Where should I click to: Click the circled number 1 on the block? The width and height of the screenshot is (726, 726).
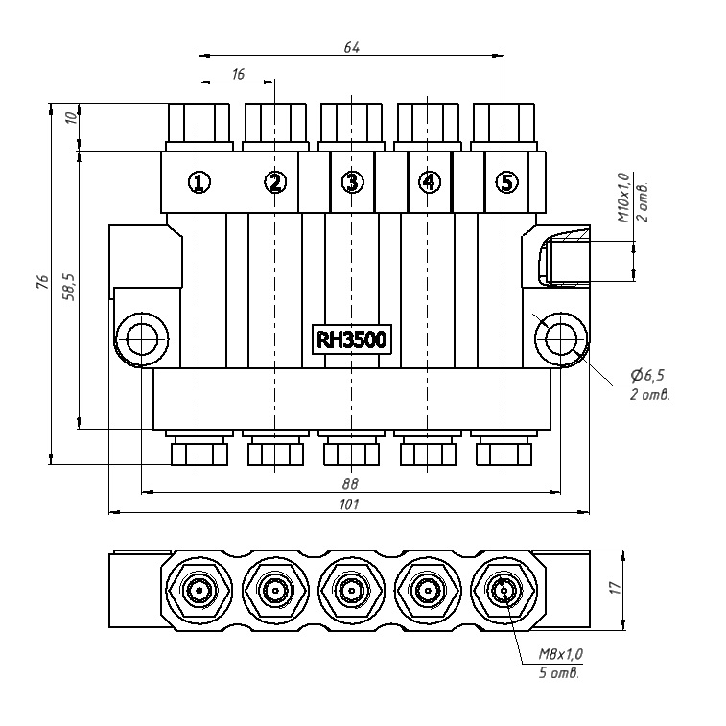tap(199, 181)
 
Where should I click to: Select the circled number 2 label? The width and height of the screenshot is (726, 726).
tap(274, 181)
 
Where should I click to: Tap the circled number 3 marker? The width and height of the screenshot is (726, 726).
tap(353, 181)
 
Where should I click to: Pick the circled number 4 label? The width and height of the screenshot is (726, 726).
tap(429, 181)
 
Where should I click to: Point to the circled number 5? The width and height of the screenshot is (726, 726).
tap(506, 181)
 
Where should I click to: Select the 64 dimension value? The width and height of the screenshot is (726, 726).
tap(352, 47)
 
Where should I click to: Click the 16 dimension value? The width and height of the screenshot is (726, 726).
tap(237, 74)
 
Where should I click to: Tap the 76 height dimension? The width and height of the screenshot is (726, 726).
tap(42, 282)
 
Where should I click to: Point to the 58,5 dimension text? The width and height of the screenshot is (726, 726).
tap(69, 286)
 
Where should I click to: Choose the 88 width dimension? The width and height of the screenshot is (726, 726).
tap(350, 483)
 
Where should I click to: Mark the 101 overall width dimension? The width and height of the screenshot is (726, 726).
tap(350, 504)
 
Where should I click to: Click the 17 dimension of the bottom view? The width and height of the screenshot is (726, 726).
tap(616, 588)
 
